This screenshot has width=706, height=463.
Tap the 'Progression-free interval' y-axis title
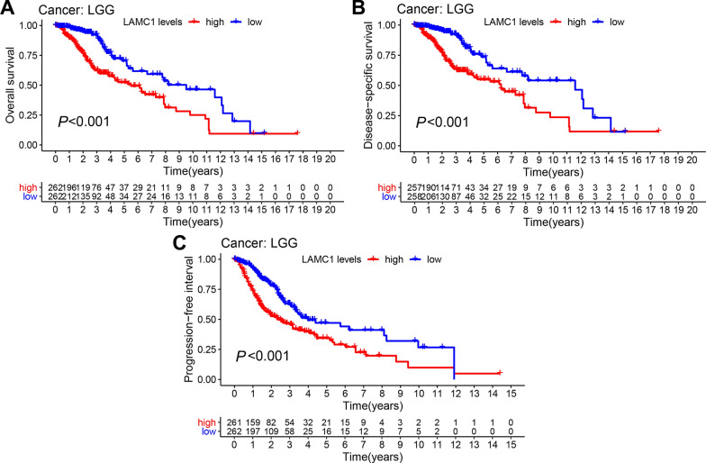coord(190,319)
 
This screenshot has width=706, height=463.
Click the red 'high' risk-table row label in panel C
coord(213,420)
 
